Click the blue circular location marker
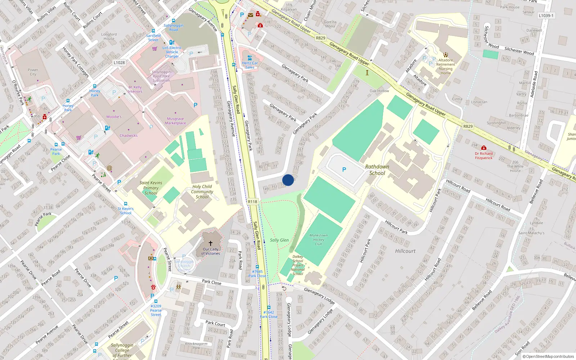[x=288, y=180]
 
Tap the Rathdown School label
[x=377, y=170]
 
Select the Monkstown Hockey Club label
[x=319, y=239]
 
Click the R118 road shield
[x=253, y=202]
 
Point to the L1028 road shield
[x=119, y=63]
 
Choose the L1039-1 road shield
[x=546, y=15]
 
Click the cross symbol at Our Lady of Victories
[x=211, y=243]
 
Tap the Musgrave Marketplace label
[x=175, y=121]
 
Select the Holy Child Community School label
[x=202, y=192]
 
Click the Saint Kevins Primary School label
[x=151, y=188]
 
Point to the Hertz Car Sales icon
[x=249, y=58]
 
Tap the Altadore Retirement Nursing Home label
[x=446, y=67]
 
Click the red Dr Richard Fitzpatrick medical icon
[x=483, y=148]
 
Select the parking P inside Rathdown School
[x=344, y=170]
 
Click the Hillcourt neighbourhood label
[x=405, y=251]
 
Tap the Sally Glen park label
[x=279, y=240]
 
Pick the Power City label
[x=33, y=72]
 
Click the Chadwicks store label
[x=129, y=136]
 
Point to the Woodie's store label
[x=114, y=117]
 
